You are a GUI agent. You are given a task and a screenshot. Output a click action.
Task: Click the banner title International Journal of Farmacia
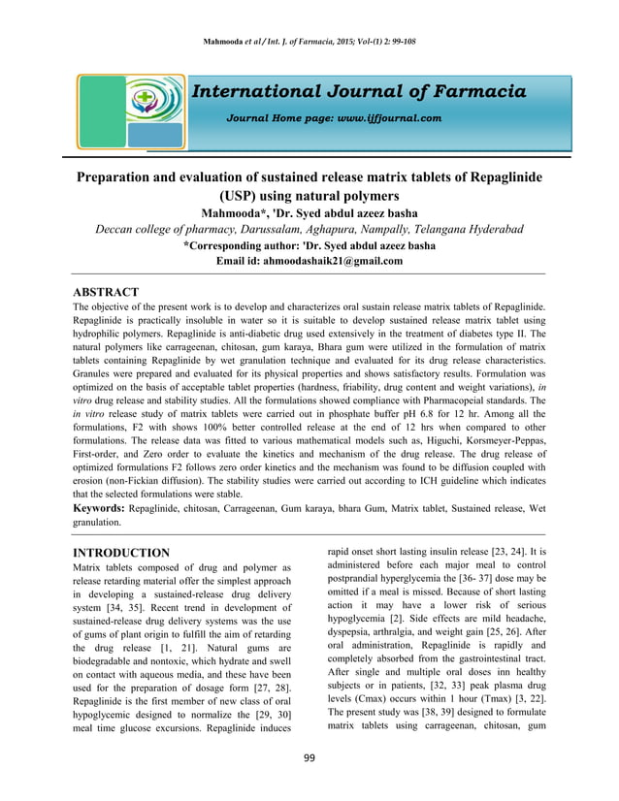click(x=359, y=92)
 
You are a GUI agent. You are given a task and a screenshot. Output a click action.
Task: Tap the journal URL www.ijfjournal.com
click(x=385, y=118)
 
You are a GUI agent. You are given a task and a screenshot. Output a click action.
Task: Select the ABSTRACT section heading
click(x=107, y=292)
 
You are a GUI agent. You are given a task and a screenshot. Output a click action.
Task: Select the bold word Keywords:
click(x=100, y=507)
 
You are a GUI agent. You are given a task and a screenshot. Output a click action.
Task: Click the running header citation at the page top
click(x=309, y=42)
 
